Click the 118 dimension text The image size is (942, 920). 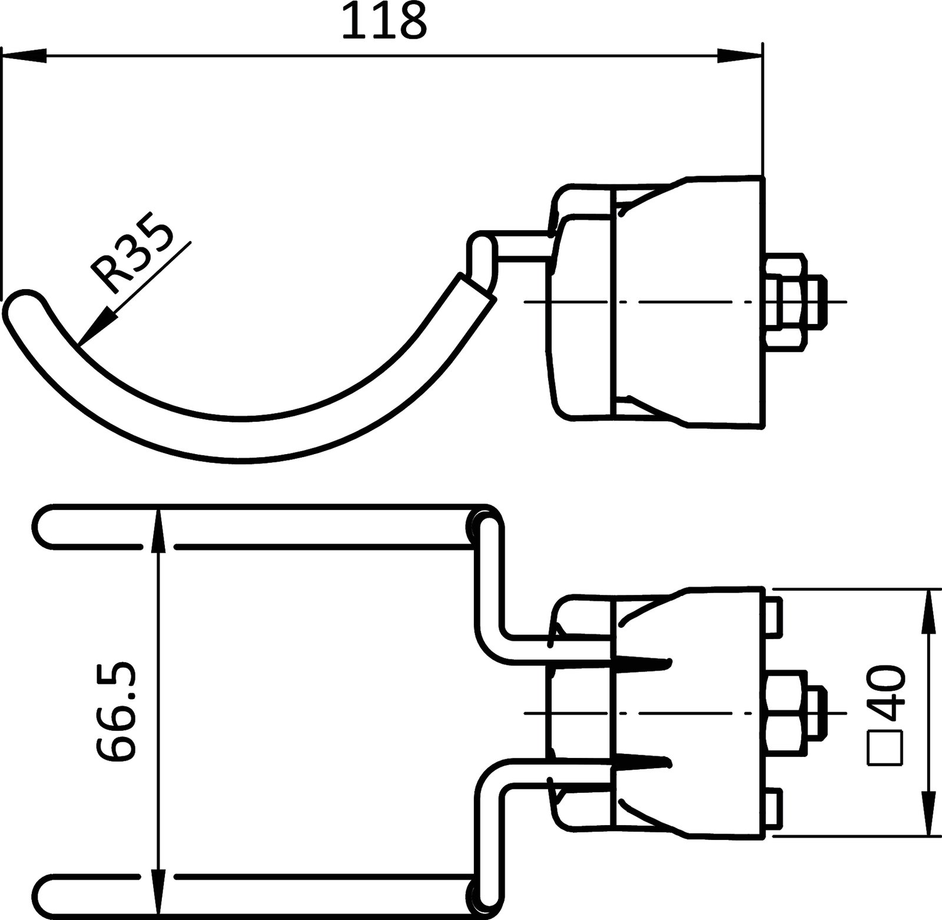pyautogui.click(x=384, y=21)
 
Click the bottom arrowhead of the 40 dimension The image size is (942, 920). pyautogui.click(x=929, y=812)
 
